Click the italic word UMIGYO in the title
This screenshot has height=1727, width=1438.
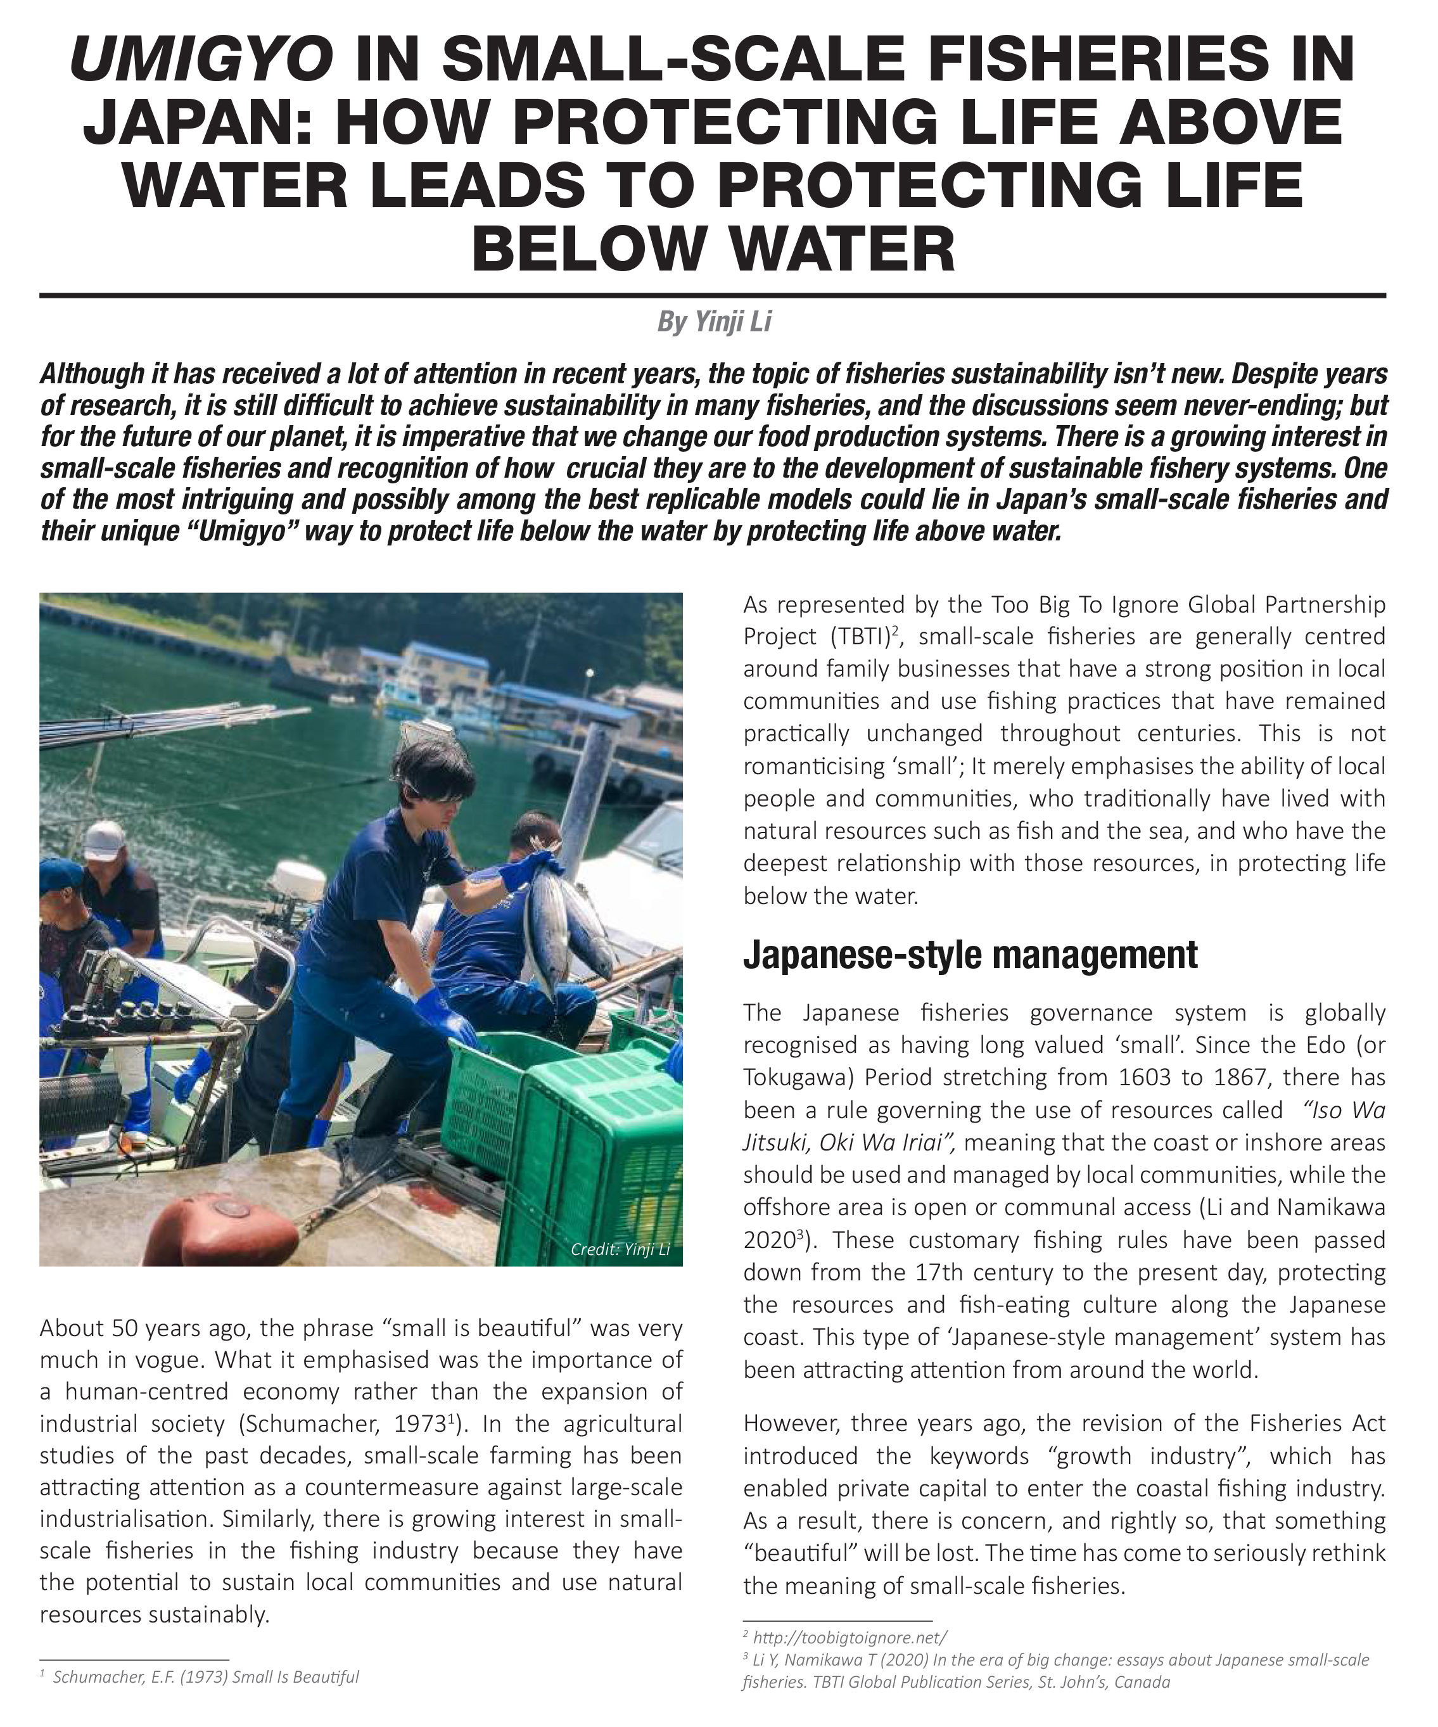pos(201,59)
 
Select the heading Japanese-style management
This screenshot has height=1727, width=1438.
pos(970,955)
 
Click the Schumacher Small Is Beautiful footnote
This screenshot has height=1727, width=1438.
pos(205,1677)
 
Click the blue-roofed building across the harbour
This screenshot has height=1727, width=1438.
pos(444,662)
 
